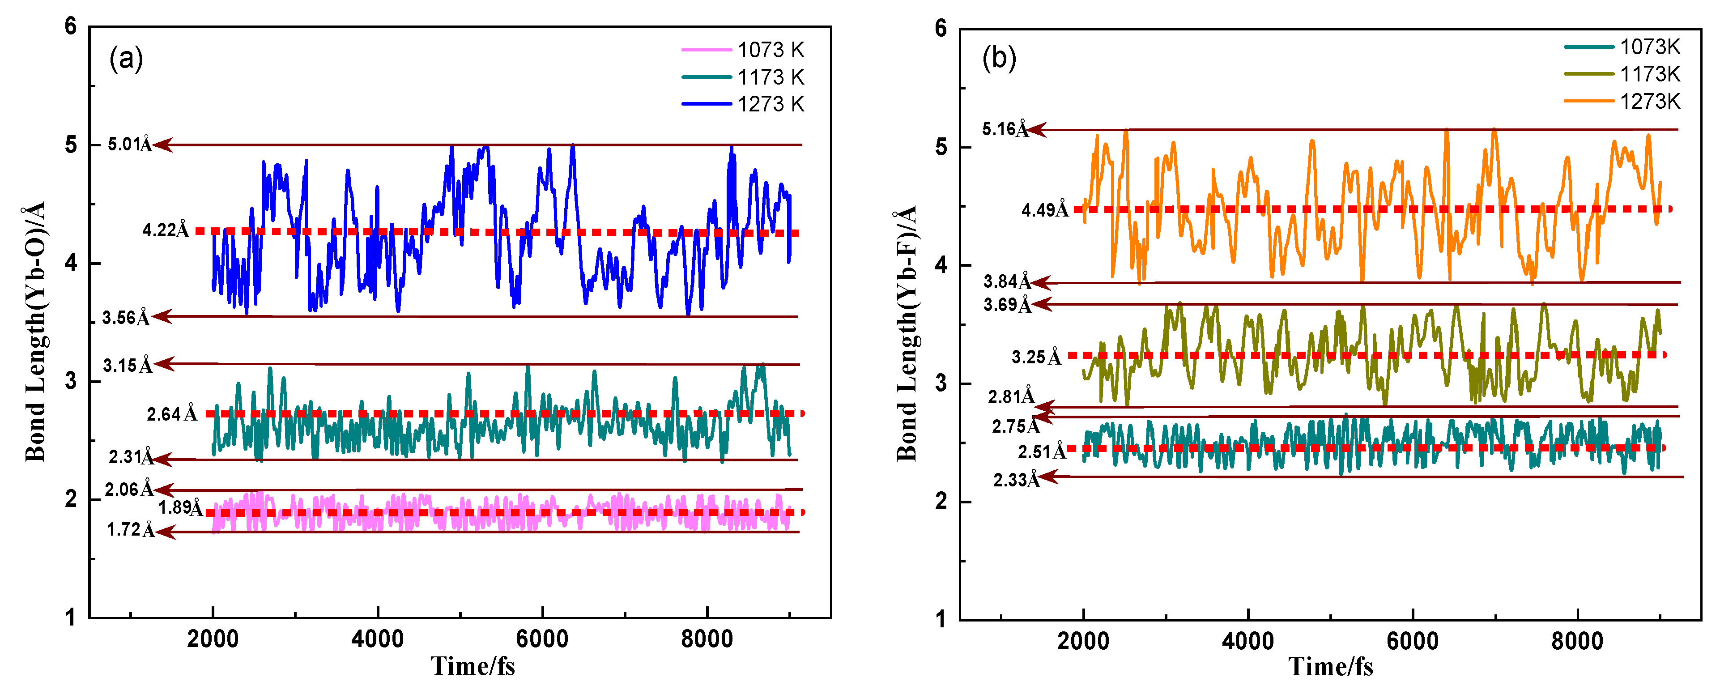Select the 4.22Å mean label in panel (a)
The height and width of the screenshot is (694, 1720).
165,230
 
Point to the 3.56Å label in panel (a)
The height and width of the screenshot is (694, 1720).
126,317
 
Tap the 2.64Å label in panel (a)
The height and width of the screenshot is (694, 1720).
172,414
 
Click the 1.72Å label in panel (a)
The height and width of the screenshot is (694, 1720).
131,530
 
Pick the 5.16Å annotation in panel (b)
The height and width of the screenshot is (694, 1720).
1004,129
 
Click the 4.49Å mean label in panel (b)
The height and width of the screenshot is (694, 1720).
1044,210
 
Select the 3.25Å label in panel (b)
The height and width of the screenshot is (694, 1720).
1035,357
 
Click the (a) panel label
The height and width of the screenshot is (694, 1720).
126,59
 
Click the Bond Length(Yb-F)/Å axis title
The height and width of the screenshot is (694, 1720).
906,334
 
